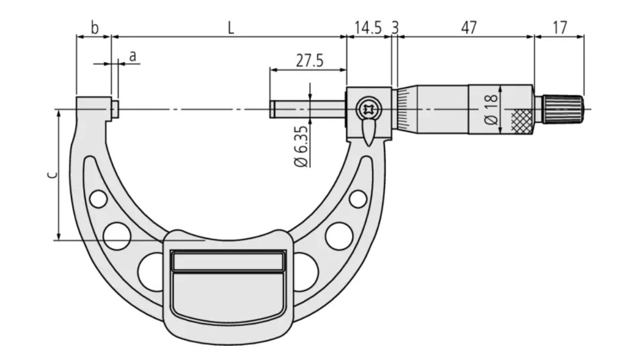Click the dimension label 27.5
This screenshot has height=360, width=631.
pos(310,61)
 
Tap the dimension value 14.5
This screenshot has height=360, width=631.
pos(368,28)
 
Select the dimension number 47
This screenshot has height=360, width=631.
pos(469,28)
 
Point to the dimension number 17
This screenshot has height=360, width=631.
pos(560,28)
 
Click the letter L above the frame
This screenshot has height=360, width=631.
pos(231,28)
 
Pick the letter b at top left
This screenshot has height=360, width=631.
pos(94,28)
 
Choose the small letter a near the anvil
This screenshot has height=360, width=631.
pos(133,56)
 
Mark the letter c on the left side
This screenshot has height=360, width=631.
pos(52,174)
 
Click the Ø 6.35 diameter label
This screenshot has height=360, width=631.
pos(301,146)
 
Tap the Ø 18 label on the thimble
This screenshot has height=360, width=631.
pos(491,110)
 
